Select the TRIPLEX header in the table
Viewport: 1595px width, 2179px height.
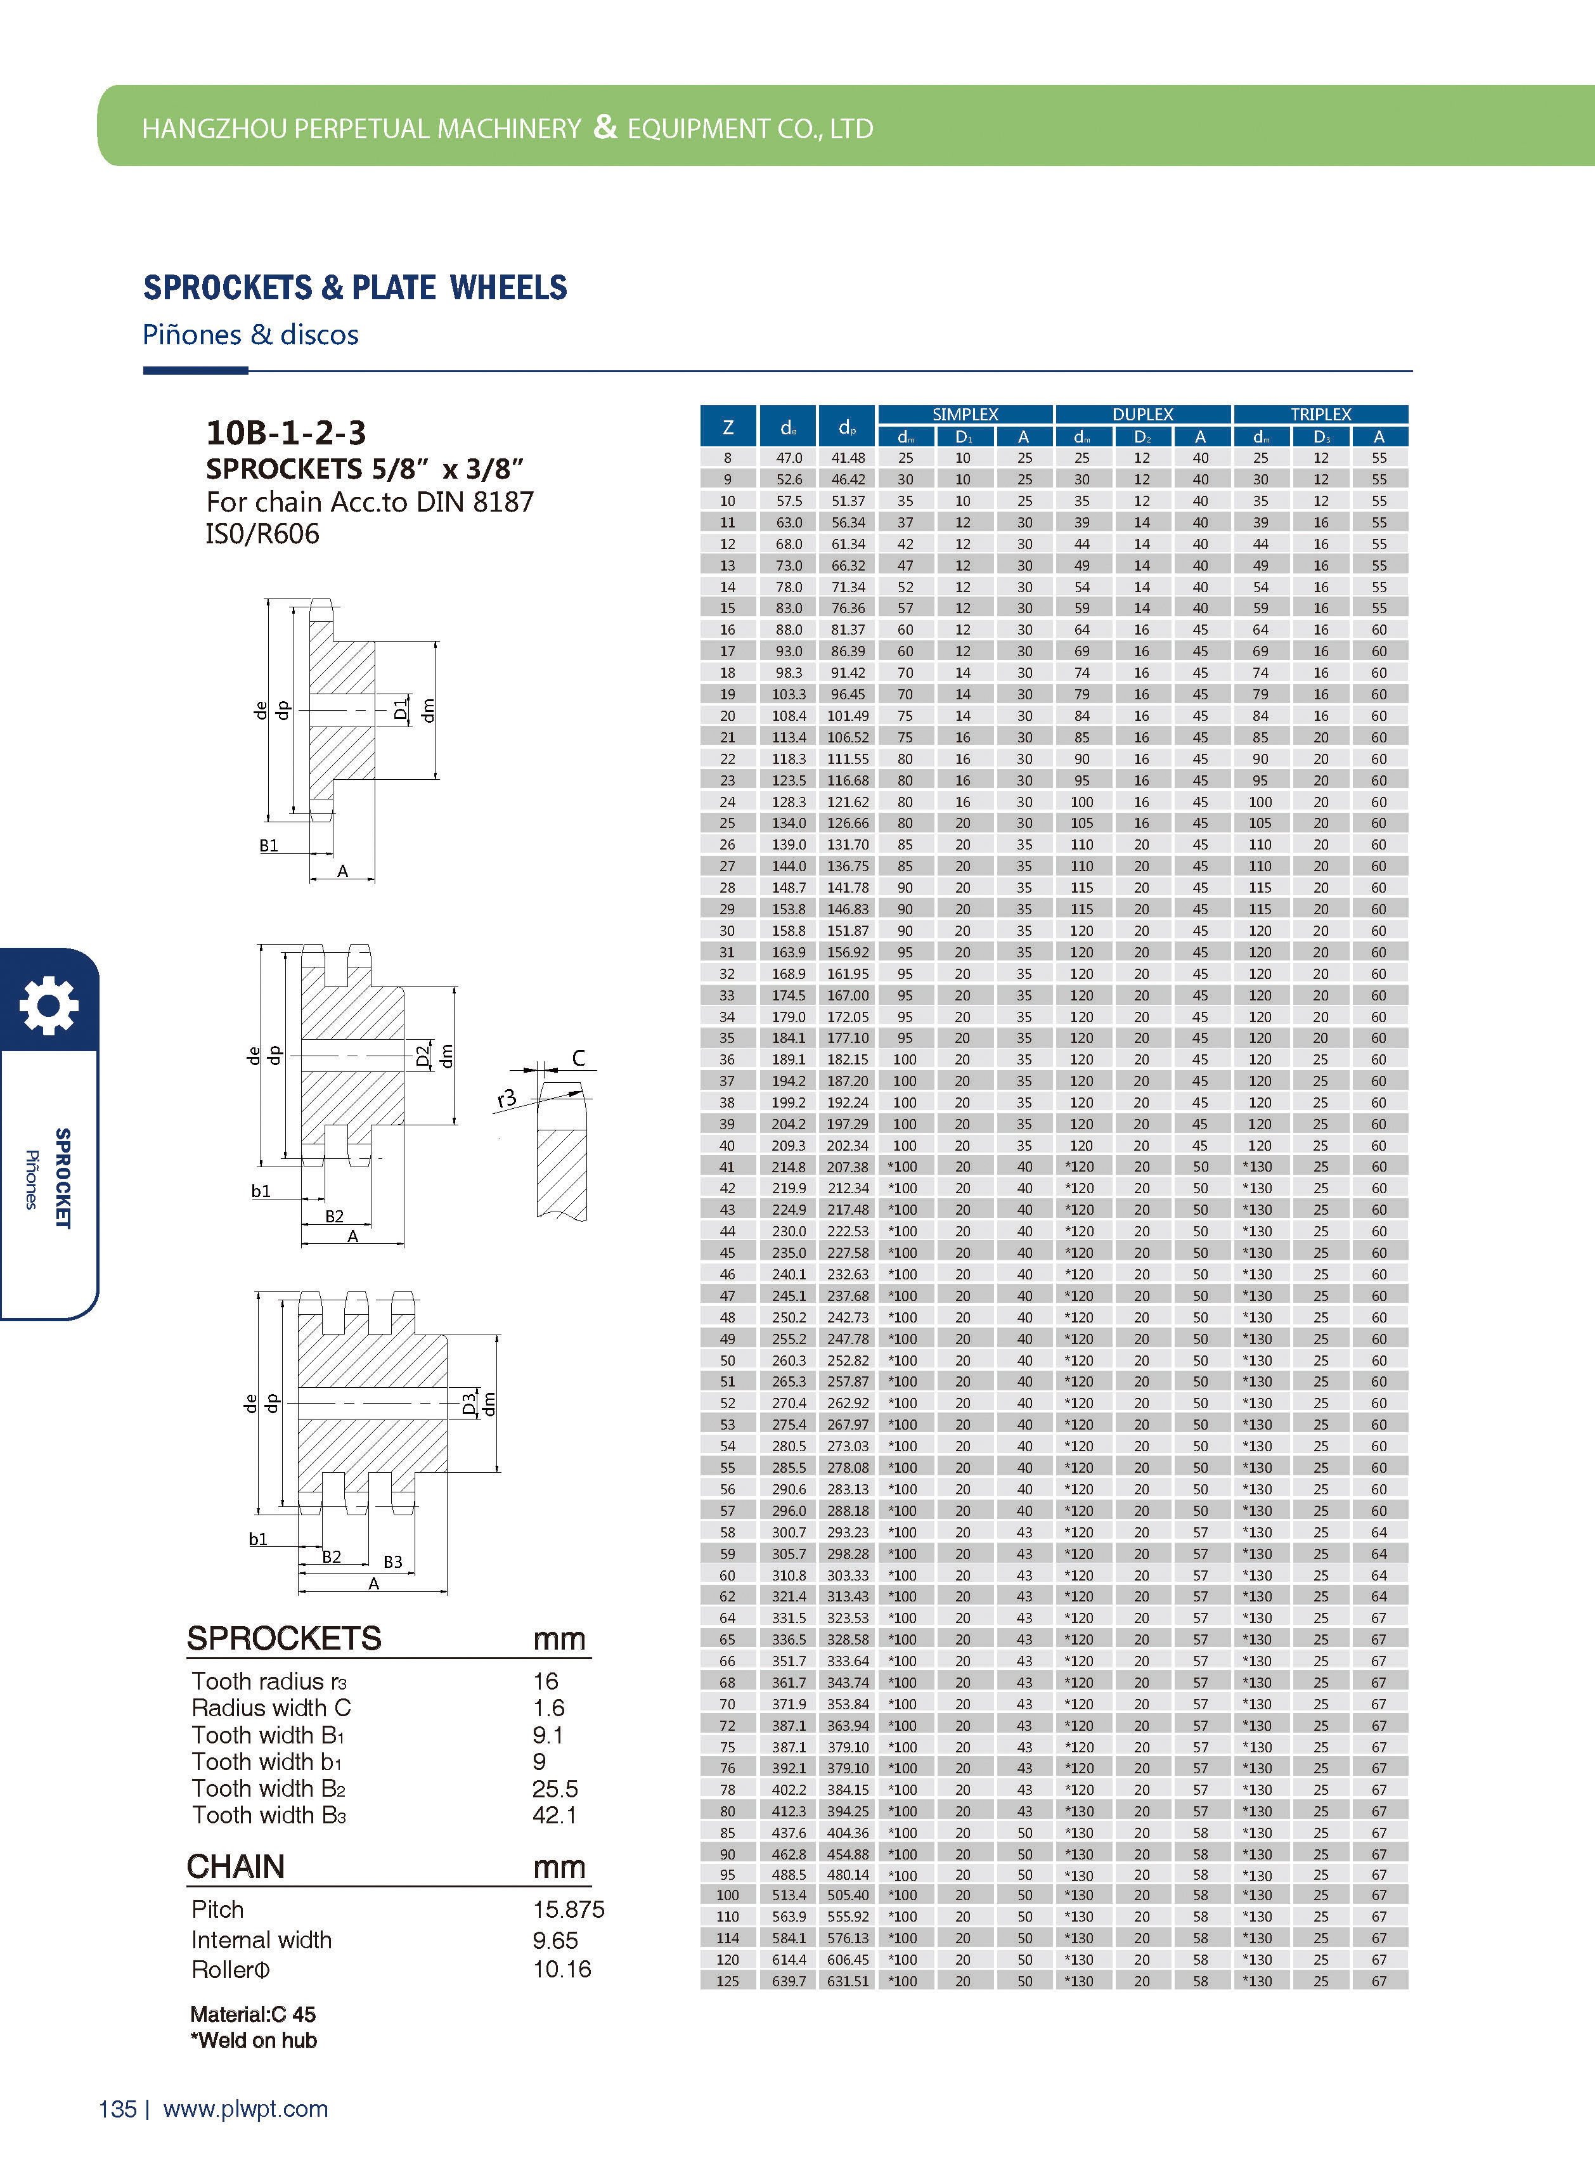tap(1320, 414)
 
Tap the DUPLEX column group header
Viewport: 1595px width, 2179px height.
tap(1142, 414)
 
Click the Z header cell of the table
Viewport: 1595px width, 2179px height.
tap(728, 427)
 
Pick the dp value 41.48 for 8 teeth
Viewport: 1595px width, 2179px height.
tap(848, 458)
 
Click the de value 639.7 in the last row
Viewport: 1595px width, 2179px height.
tap(789, 1981)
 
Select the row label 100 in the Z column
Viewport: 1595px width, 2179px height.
tap(728, 1895)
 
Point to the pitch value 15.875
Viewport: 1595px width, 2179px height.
tap(568, 1910)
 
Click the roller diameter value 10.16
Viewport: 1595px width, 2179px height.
tap(561, 1970)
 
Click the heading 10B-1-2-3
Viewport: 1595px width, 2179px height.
tap(286, 432)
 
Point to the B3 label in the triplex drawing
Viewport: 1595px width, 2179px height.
tap(393, 1561)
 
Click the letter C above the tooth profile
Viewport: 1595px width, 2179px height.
tap(578, 1058)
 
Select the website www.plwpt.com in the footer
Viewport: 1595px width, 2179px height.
tap(245, 2109)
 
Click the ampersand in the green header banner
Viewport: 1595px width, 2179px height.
tap(604, 126)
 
